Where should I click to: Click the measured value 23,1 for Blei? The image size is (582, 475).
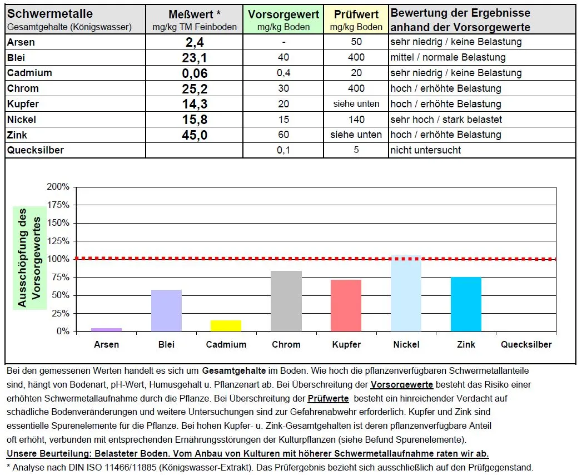(194, 58)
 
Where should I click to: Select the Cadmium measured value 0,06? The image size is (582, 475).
(194, 73)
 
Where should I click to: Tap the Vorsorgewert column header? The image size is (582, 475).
(283, 20)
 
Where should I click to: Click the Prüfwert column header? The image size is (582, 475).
(356, 20)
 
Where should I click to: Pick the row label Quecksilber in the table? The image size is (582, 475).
(35, 150)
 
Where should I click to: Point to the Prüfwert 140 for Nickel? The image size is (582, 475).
(356, 120)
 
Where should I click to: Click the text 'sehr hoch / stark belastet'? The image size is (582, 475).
(446, 120)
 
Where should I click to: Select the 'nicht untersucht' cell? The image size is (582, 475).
(425, 150)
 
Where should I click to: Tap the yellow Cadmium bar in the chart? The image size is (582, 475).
(226, 326)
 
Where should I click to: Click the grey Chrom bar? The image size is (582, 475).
(286, 301)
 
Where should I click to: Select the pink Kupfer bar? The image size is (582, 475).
(346, 306)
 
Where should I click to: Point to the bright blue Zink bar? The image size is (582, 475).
(466, 304)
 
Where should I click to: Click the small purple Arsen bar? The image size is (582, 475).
(106, 330)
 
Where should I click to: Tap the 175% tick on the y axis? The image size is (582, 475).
(58, 205)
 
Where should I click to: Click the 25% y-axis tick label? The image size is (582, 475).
(61, 313)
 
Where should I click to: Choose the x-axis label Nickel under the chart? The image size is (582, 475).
(406, 345)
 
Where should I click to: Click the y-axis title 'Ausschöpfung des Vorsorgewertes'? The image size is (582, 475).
(29, 258)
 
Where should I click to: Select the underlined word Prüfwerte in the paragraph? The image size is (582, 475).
(328, 399)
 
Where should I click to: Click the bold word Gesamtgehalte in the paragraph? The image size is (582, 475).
(234, 370)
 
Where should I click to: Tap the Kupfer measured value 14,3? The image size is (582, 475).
(194, 105)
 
